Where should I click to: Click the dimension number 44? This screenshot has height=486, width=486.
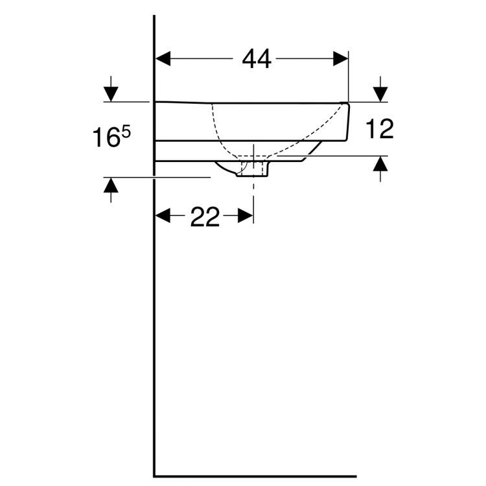[257, 59]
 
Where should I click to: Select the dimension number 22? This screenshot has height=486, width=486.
[205, 218]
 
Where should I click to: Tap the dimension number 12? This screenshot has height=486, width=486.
[379, 130]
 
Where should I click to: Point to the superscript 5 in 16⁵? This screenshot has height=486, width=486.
[126, 132]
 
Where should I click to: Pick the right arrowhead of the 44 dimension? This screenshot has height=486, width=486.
[341, 59]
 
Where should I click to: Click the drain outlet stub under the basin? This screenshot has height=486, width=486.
[253, 170]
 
